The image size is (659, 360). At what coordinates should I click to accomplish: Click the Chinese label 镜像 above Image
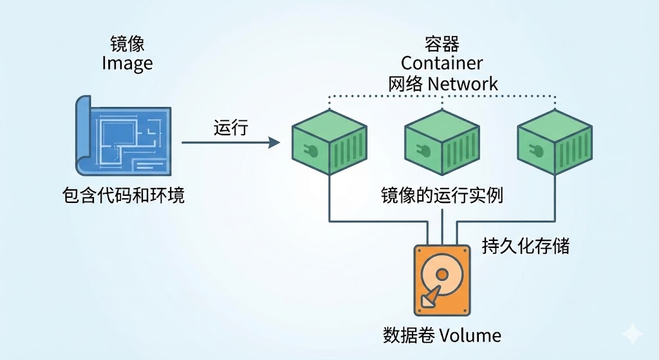click(x=127, y=44)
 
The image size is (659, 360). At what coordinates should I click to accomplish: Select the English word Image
click(x=127, y=64)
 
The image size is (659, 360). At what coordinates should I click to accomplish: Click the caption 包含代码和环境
click(x=124, y=195)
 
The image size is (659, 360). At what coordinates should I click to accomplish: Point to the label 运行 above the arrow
click(x=230, y=128)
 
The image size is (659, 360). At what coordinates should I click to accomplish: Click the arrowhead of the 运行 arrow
click(x=275, y=142)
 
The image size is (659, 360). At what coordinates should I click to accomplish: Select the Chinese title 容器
click(x=442, y=44)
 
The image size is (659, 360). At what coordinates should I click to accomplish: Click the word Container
click(x=442, y=63)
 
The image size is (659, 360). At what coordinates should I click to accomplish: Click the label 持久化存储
click(x=526, y=245)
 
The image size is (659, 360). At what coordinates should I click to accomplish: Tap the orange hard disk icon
click(x=441, y=279)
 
